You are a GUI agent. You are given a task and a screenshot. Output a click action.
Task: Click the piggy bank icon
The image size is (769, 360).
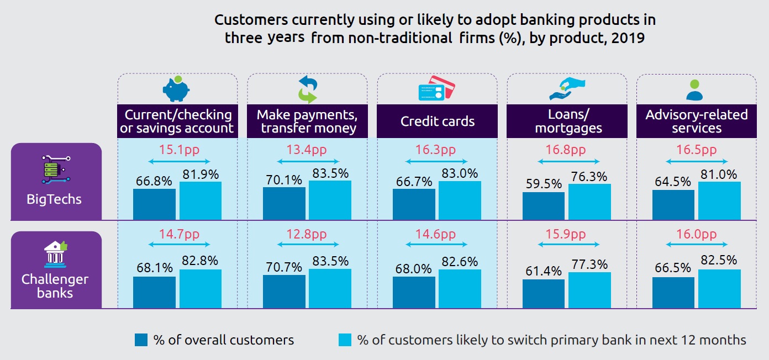point(176,88)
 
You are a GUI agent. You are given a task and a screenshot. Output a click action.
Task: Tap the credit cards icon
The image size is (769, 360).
point(436,88)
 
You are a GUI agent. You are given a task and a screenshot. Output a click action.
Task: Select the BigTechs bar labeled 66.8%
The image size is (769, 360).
point(154,204)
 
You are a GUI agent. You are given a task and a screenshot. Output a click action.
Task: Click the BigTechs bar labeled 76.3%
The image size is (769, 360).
point(589,202)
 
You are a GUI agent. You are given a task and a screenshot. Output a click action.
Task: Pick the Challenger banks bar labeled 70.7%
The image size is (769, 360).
point(284,291)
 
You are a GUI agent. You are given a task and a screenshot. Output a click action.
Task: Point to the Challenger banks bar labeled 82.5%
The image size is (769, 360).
point(719,288)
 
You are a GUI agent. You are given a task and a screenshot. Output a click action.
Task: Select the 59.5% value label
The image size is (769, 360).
point(543,183)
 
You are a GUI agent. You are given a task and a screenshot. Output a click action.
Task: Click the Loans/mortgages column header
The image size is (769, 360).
point(567,121)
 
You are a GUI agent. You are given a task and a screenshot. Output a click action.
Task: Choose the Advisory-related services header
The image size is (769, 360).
point(697,121)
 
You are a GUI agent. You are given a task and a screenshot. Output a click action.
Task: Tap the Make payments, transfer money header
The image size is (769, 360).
point(307,121)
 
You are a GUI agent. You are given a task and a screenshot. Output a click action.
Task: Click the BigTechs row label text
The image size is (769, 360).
point(54,199)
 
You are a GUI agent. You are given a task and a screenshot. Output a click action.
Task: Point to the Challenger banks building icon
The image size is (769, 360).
point(55,253)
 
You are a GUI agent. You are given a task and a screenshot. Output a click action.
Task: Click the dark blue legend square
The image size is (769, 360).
point(141,340)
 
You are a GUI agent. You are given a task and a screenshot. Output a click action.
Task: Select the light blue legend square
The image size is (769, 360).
point(345,340)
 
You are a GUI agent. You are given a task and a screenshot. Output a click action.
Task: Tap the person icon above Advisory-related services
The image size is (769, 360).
point(695,89)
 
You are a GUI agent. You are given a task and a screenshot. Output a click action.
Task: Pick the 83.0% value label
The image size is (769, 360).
point(459,173)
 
